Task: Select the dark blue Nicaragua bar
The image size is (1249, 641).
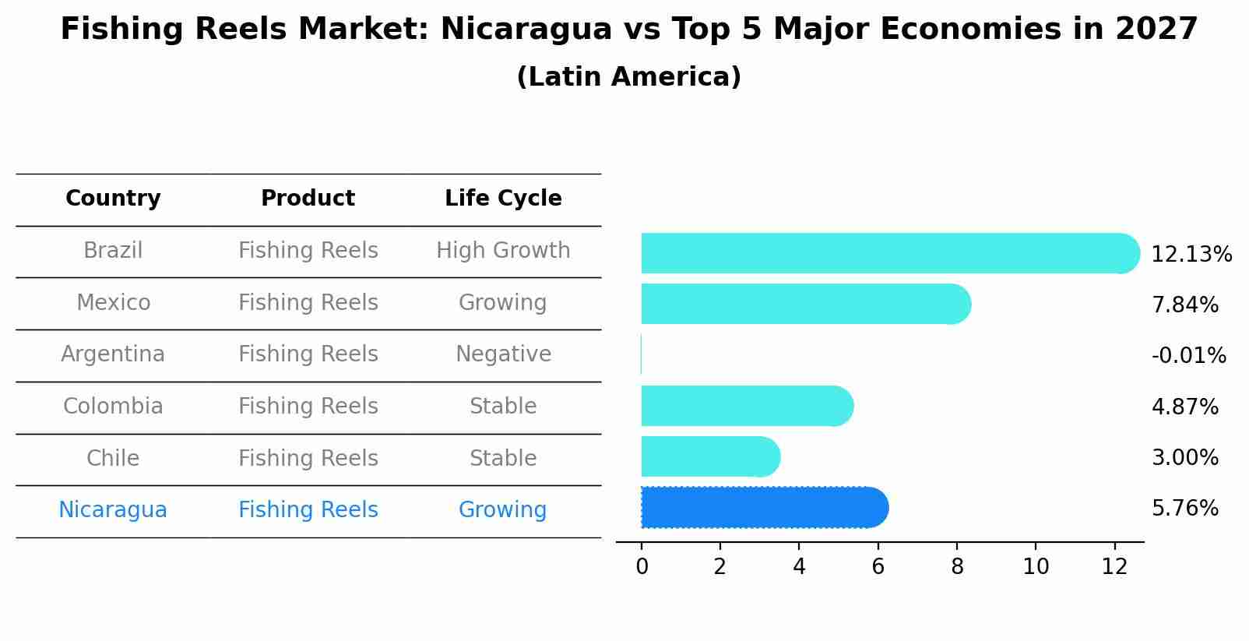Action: tap(763, 508)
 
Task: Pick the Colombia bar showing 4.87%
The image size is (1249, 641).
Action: tap(746, 406)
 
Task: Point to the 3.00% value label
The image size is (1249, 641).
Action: tap(1184, 457)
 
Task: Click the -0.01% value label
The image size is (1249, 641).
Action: tap(1188, 356)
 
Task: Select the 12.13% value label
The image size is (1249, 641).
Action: tap(1191, 255)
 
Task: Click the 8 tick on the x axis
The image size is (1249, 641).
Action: tap(957, 567)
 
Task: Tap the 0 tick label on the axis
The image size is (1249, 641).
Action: tap(642, 567)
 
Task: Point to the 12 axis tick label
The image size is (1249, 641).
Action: tap(1114, 567)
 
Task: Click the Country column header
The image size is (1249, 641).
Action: tap(113, 199)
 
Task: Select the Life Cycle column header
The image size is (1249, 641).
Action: tap(503, 199)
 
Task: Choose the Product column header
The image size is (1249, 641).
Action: tap(308, 199)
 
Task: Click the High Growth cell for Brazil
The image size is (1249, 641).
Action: tap(503, 251)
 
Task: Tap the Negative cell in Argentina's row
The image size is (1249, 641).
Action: tap(503, 354)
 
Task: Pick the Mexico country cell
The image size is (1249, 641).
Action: tap(113, 302)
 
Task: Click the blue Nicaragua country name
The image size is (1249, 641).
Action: tap(113, 510)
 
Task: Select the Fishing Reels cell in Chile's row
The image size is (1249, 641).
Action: tap(308, 458)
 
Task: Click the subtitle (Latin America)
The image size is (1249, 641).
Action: tap(628, 77)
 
